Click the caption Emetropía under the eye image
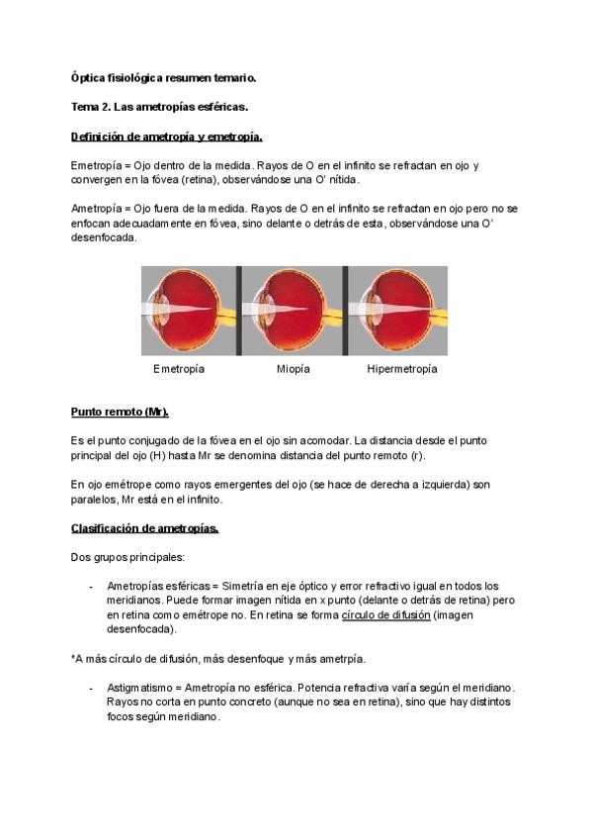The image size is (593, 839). [179, 369]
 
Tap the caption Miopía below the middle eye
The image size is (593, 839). [293, 369]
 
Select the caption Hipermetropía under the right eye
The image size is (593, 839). [401, 369]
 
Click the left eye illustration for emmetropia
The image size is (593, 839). [187, 310]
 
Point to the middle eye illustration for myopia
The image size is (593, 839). [294, 310]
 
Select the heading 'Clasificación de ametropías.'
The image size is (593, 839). [144, 527]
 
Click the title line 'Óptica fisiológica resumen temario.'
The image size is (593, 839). [163, 77]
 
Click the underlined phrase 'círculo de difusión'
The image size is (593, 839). [386, 614]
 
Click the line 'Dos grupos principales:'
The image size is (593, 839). [127, 557]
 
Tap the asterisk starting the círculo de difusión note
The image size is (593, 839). [73, 656]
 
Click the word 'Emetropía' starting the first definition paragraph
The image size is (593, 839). [97, 165]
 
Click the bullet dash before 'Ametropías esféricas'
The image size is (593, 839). [91, 586]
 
